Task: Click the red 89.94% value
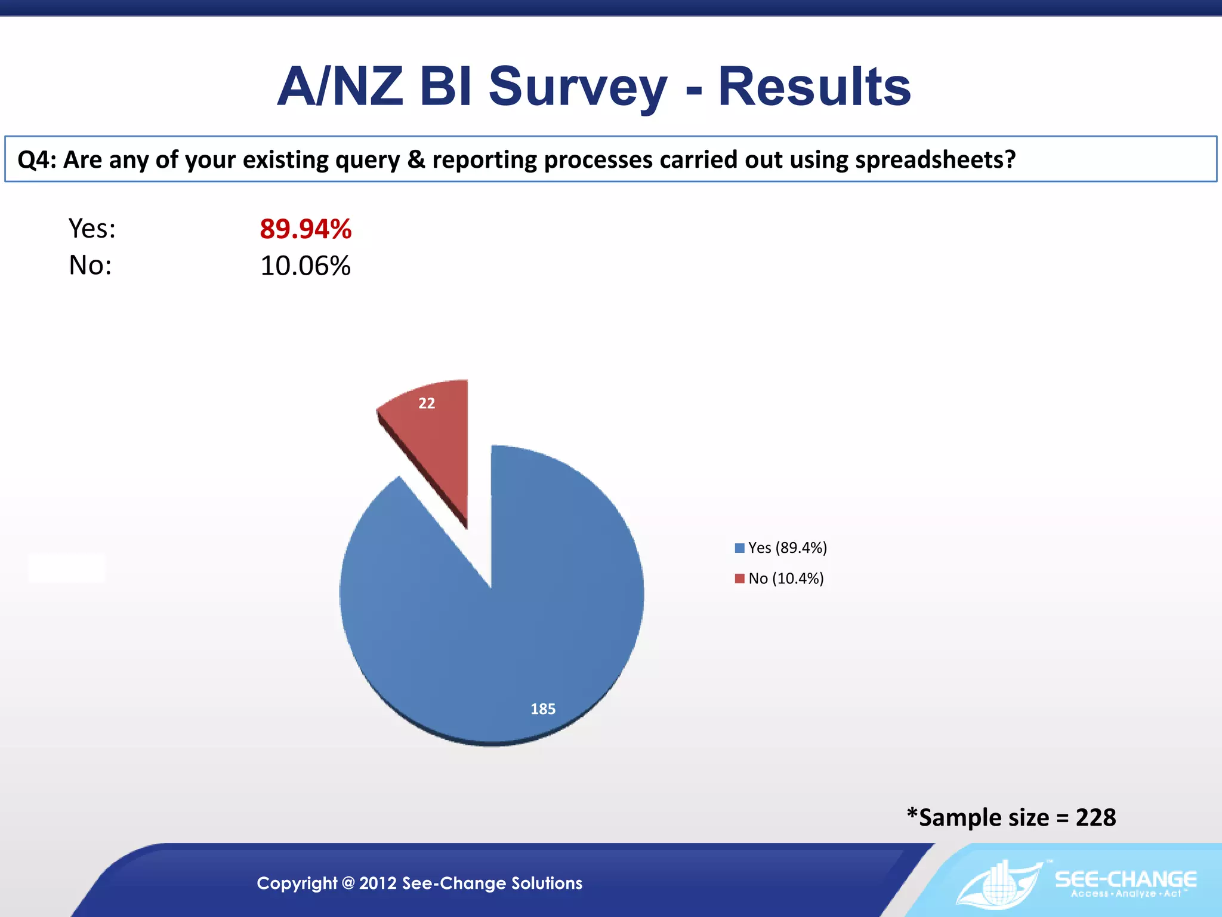[x=305, y=229]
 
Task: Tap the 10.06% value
[x=305, y=266]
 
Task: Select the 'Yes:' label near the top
[x=92, y=229]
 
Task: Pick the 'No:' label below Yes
[x=90, y=265]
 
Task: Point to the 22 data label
[x=427, y=404]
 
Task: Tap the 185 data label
[x=543, y=709]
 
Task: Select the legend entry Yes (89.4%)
[x=787, y=548]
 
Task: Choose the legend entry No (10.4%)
[x=785, y=578]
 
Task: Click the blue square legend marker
[x=740, y=548]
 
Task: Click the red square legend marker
[x=740, y=578]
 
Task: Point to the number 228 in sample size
[x=1096, y=817]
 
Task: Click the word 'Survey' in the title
[x=578, y=87]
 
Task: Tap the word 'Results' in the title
[x=814, y=87]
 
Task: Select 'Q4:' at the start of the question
[x=36, y=160]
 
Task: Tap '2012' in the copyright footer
[x=378, y=883]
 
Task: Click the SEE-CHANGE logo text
[x=1125, y=879]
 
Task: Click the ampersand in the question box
[x=416, y=160]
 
